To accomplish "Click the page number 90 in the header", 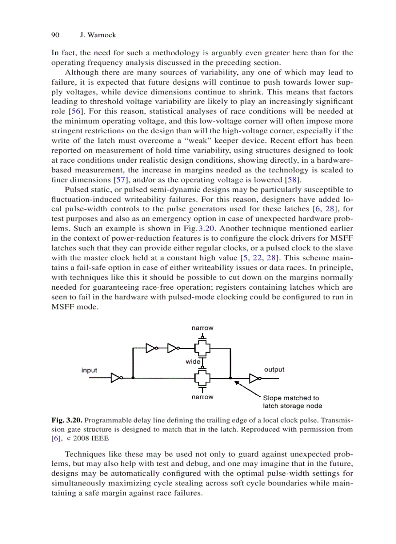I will coord(55,35).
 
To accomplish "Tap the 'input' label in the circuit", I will coord(89,370).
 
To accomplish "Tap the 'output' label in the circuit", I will coord(274,369).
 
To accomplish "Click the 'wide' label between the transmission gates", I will coord(193,362).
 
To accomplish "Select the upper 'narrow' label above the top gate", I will coord(202,328).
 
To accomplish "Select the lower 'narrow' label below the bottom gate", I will coord(202,397).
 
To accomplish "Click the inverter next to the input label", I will coord(116,378).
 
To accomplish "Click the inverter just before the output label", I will coord(254,378).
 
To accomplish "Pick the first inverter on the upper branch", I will coord(151,347).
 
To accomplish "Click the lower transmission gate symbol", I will coord(202,377).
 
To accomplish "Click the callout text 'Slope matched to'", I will coord(291,398).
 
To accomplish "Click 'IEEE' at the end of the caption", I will coord(99,438).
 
